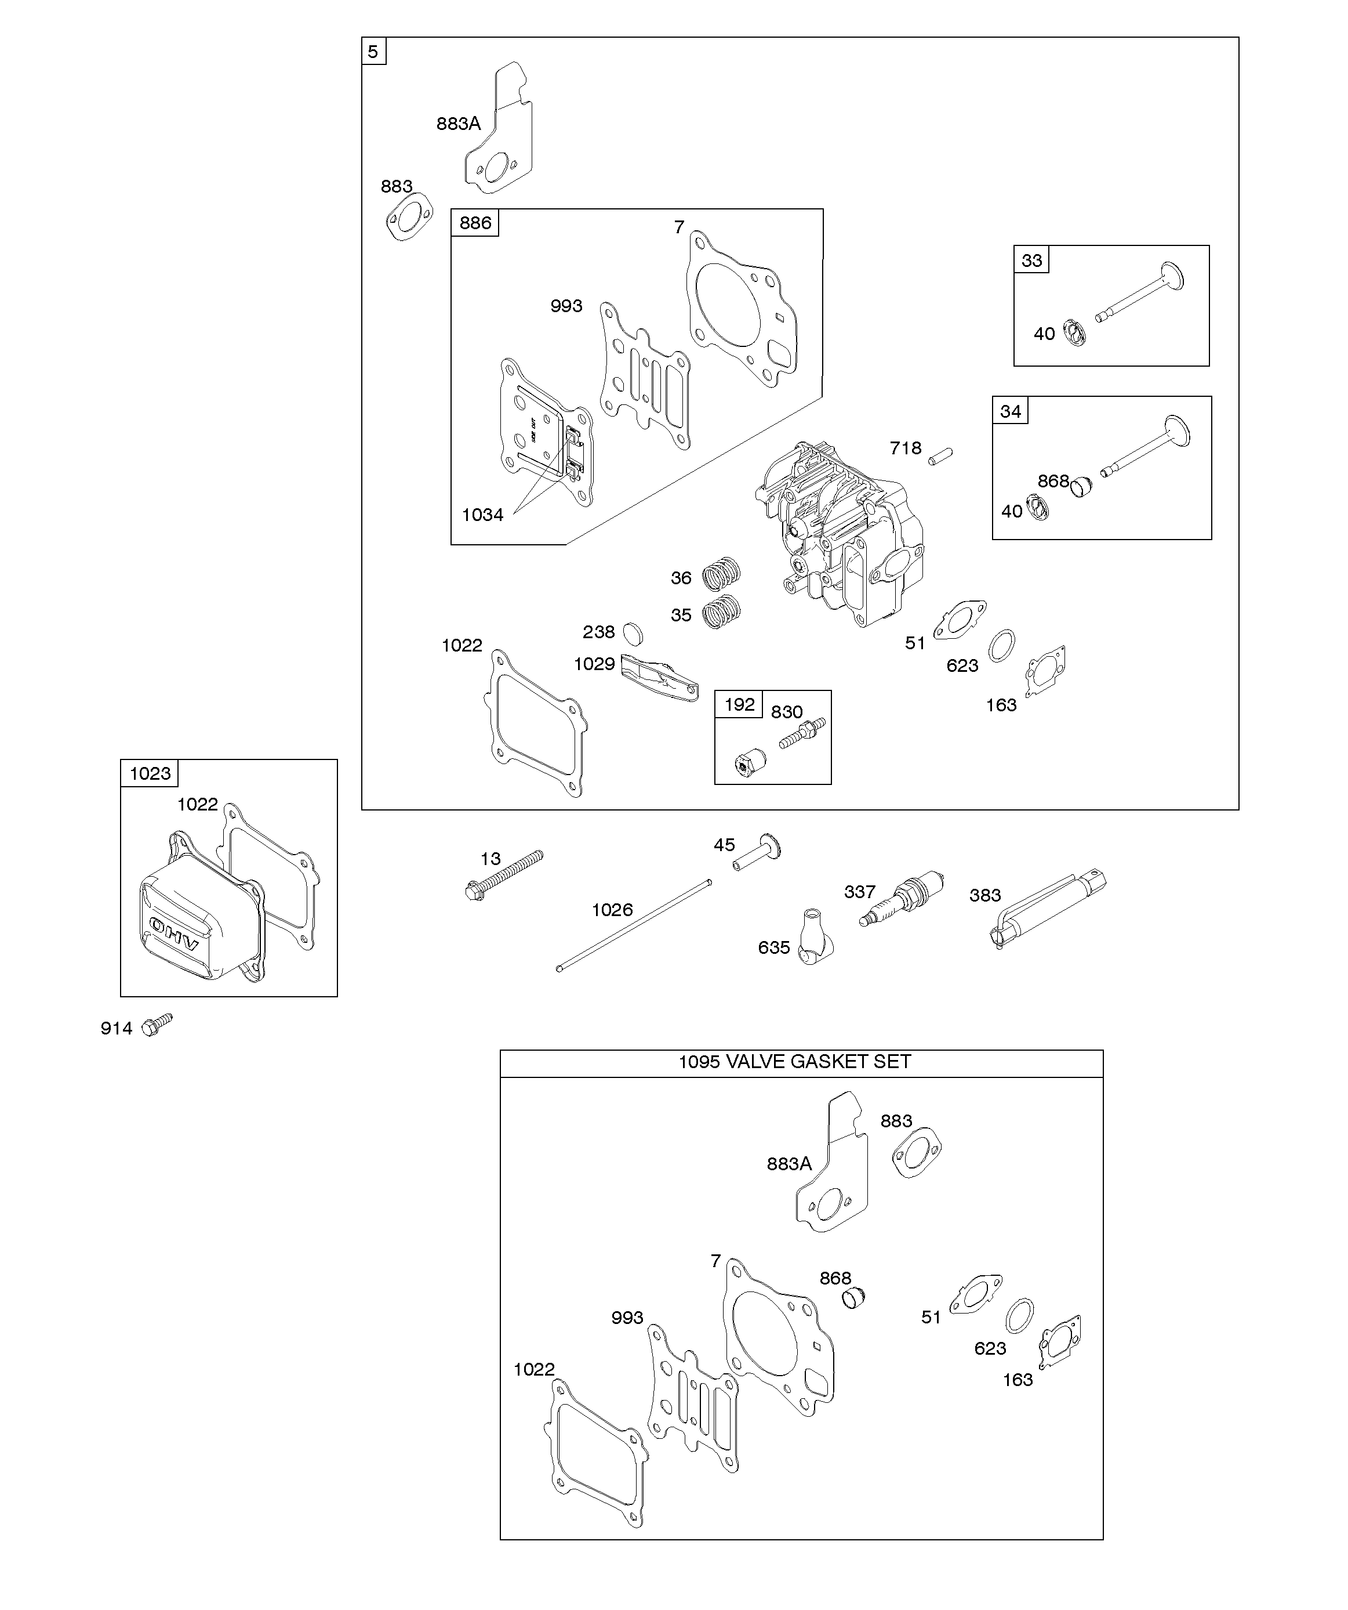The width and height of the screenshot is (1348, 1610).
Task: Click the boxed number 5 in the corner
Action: point(373,52)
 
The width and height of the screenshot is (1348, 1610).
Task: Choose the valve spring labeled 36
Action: point(721,573)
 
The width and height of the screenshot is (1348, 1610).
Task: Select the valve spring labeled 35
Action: point(721,611)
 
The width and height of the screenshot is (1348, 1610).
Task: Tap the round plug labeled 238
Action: point(632,634)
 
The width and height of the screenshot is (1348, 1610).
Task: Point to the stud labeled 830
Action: point(802,732)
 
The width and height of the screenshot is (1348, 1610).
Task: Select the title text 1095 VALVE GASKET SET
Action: point(795,1062)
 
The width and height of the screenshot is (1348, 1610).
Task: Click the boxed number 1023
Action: point(150,773)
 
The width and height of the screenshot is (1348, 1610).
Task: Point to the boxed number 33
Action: point(1031,261)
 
